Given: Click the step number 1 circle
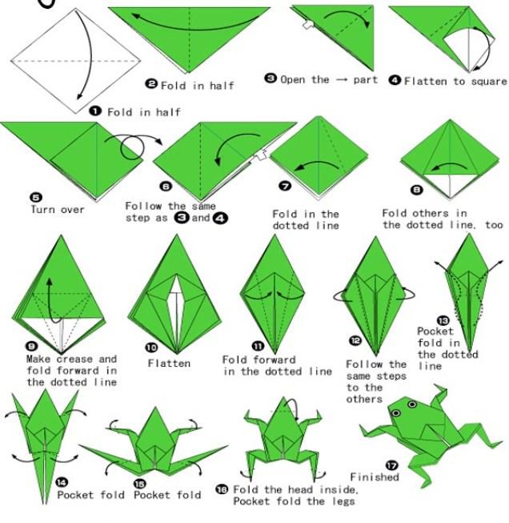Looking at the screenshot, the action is click(95, 111).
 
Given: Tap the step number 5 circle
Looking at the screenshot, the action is click(36, 197).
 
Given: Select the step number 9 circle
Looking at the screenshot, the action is click(32, 346).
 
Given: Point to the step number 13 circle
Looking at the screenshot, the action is click(443, 321).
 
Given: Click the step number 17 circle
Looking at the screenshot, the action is click(392, 465).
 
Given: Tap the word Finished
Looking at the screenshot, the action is click(375, 477).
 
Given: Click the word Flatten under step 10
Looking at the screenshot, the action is click(169, 363).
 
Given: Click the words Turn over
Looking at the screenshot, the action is click(58, 210).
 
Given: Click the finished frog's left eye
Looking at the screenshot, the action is click(396, 413).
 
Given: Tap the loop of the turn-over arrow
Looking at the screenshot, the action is click(132, 147).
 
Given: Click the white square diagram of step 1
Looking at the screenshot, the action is click(76, 61).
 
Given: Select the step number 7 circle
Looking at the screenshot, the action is click(285, 186).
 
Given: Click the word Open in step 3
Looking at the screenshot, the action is click(293, 80).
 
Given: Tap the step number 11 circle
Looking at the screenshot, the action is click(258, 346).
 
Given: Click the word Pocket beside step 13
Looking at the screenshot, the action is click(435, 332).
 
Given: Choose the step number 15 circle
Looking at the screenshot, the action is click(140, 484).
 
